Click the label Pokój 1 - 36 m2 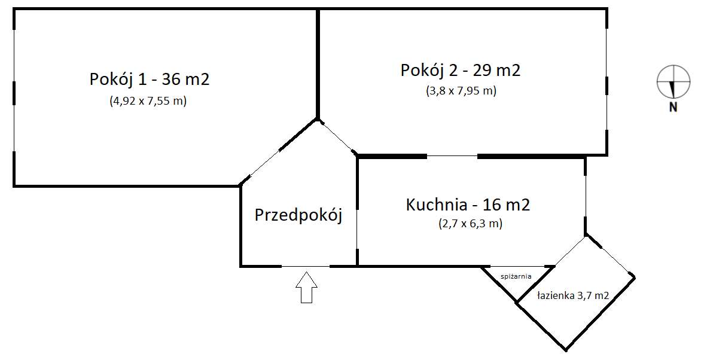point(149,79)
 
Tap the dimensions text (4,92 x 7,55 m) point(148,101)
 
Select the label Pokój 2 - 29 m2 point(460,70)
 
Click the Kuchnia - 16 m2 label point(468,205)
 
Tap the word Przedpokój point(298,215)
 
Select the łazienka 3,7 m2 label point(572,295)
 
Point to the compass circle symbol point(673,81)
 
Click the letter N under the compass point(673,108)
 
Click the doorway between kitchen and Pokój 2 point(452,157)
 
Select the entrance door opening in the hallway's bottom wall point(305,266)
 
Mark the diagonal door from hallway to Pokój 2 point(337,137)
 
